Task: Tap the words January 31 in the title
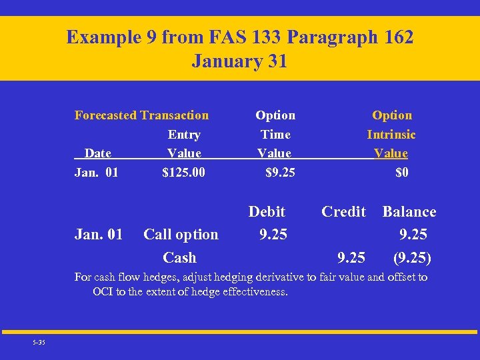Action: click(x=239, y=61)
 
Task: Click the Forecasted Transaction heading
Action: click(x=141, y=115)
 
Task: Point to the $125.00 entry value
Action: click(x=184, y=173)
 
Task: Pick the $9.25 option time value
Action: click(x=280, y=173)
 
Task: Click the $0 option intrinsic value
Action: click(x=401, y=173)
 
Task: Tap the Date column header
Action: click(x=98, y=153)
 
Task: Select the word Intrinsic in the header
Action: click(x=391, y=135)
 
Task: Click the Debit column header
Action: click(x=267, y=211)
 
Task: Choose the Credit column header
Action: click(x=343, y=211)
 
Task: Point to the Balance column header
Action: click(x=409, y=211)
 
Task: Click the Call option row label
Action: click(x=181, y=234)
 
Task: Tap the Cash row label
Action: click(x=179, y=257)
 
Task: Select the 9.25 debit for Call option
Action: click(x=273, y=234)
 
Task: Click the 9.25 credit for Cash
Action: click(x=351, y=257)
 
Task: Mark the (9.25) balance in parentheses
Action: click(x=412, y=257)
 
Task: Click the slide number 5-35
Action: click(x=39, y=342)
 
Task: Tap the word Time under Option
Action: click(x=275, y=135)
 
